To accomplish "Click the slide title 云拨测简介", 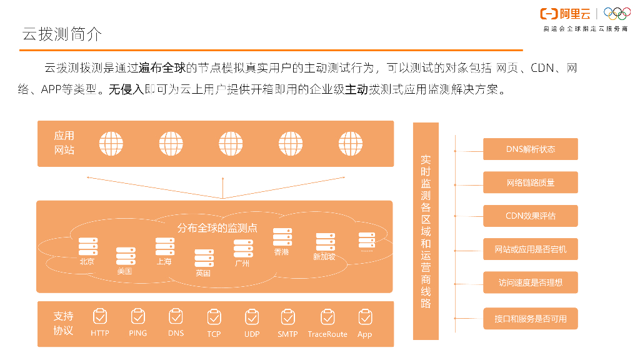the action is pos(62,34).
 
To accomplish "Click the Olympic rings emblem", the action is pos(617,14).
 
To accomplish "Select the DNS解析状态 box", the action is pos(530,149).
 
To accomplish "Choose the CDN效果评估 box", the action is pos(530,216).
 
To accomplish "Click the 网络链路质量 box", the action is pos(530,182).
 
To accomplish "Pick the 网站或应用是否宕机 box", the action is pos(530,249).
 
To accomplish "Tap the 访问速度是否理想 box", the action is pos(530,282).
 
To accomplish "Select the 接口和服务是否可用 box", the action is pos(530,318).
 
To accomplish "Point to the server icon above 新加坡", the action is pos(325,242).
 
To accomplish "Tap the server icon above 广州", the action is pos(243,249).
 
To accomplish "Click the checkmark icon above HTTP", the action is pos(100,317).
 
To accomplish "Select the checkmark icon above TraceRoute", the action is pos(327,317).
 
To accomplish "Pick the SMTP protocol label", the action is pos(287,334).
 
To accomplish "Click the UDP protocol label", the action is pos(252,334).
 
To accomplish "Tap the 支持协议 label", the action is pos(63,323).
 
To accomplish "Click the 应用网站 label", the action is pos(64,142).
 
